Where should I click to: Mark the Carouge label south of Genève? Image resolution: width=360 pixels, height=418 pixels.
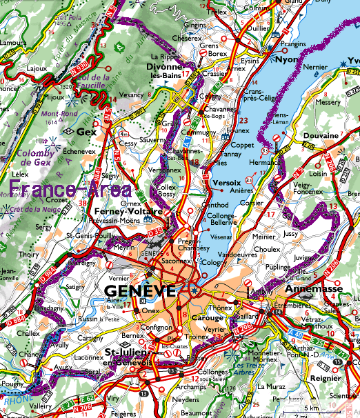coord(208,318)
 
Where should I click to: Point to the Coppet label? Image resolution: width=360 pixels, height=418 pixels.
coord(241,145)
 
